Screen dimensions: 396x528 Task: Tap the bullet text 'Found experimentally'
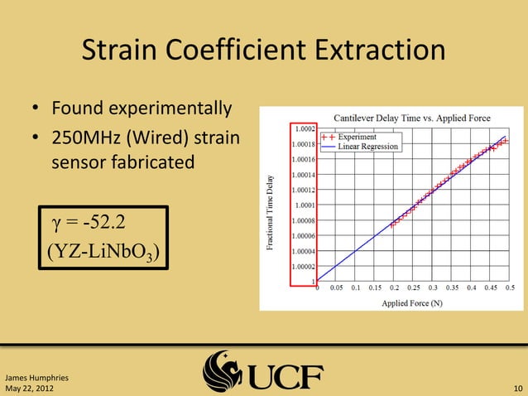click(142, 109)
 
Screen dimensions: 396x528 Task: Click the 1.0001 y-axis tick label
click(303, 205)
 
